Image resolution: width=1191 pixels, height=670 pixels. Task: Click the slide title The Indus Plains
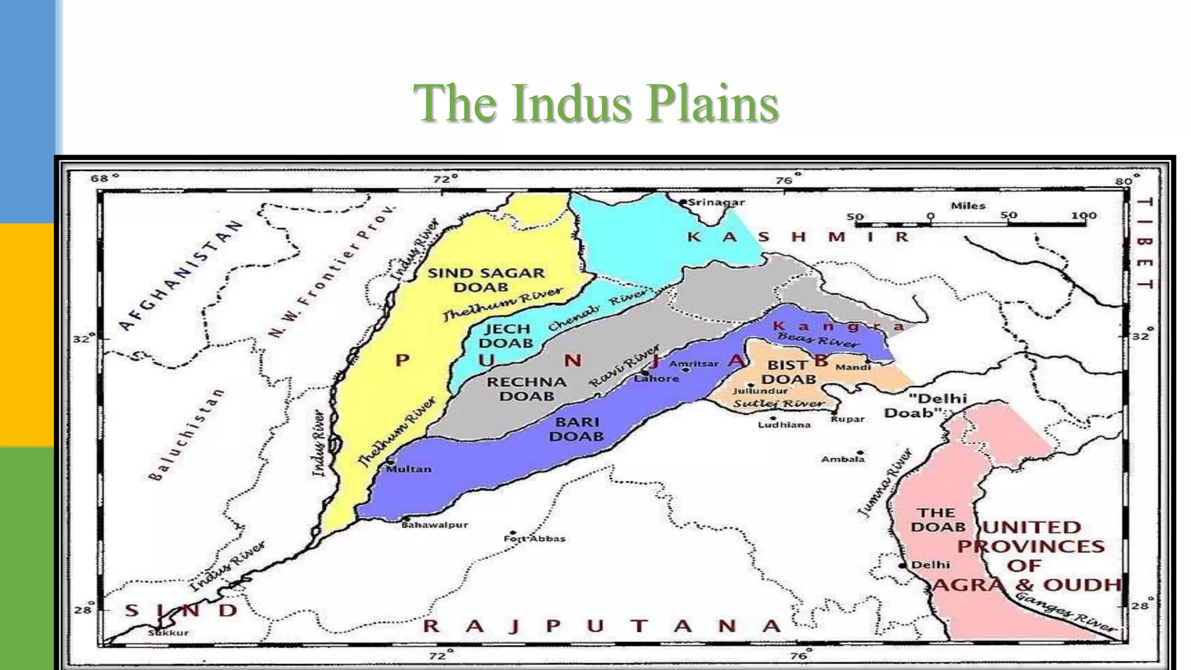595,103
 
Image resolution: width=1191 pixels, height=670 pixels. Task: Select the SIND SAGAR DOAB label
486,280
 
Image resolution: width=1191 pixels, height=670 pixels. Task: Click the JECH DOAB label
505,336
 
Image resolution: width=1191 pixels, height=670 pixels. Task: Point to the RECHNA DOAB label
526,389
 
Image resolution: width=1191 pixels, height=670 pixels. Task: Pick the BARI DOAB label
576,429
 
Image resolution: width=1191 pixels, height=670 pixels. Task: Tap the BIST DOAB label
788,372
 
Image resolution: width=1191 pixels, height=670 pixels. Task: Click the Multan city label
409,469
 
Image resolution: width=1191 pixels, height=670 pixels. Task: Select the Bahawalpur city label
434,525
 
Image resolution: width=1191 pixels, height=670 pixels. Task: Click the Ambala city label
843,459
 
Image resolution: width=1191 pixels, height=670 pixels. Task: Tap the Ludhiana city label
784,425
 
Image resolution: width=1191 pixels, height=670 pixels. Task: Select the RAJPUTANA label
601,626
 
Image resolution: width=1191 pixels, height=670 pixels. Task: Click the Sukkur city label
168,633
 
